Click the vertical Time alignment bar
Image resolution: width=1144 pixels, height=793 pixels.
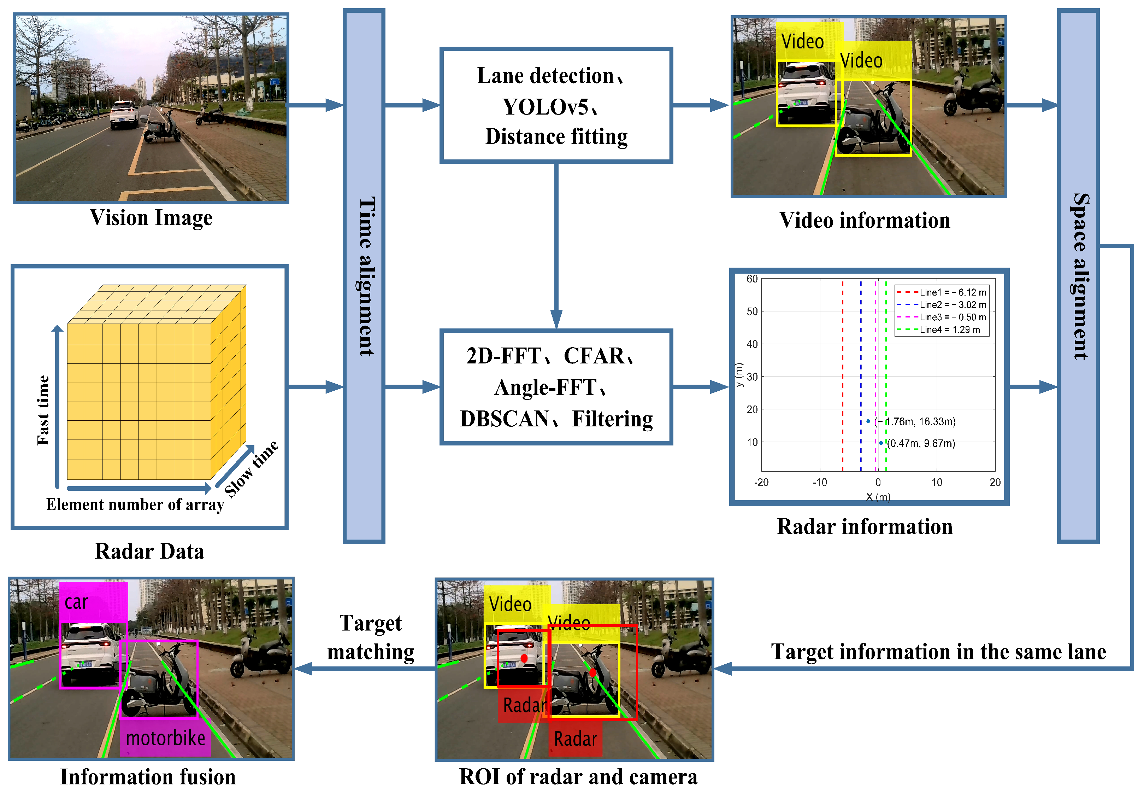point(364,276)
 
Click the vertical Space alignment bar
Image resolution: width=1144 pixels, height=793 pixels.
point(1078,276)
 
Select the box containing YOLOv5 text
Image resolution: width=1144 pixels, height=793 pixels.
point(556,105)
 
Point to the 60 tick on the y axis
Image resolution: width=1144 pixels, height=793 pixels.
point(752,279)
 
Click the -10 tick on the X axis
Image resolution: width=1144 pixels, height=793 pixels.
point(819,482)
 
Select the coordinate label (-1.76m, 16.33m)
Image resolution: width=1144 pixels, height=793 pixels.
point(915,421)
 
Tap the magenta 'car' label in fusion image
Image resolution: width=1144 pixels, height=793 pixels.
point(77,602)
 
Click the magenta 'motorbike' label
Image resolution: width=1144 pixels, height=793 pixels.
point(165,738)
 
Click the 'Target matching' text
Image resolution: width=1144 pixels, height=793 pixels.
point(370,637)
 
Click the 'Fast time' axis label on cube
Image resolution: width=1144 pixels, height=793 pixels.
point(43,410)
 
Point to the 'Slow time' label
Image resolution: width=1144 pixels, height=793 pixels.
point(251,468)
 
